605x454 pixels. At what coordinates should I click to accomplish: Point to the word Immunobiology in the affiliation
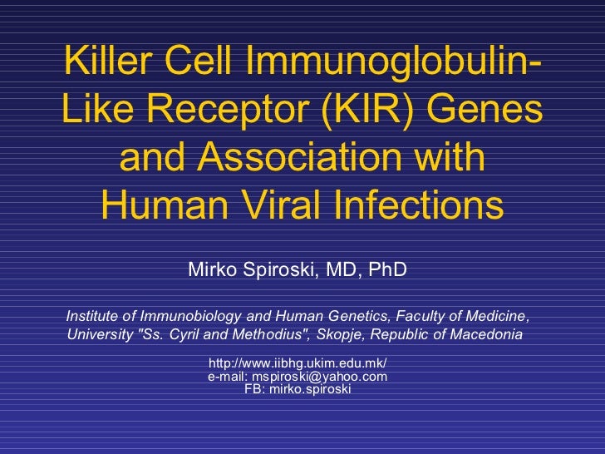point(190,317)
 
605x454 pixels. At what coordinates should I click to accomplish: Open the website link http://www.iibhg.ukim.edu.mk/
point(298,364)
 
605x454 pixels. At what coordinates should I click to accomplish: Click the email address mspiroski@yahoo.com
point(319,377)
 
